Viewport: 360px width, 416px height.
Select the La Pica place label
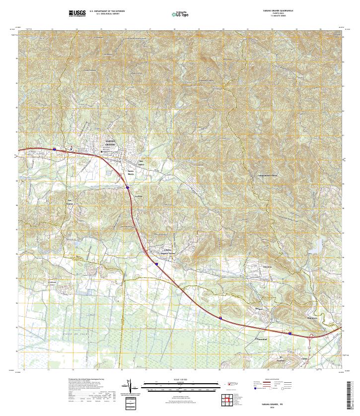point(140,196)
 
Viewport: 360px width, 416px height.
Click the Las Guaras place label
point(70,202)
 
